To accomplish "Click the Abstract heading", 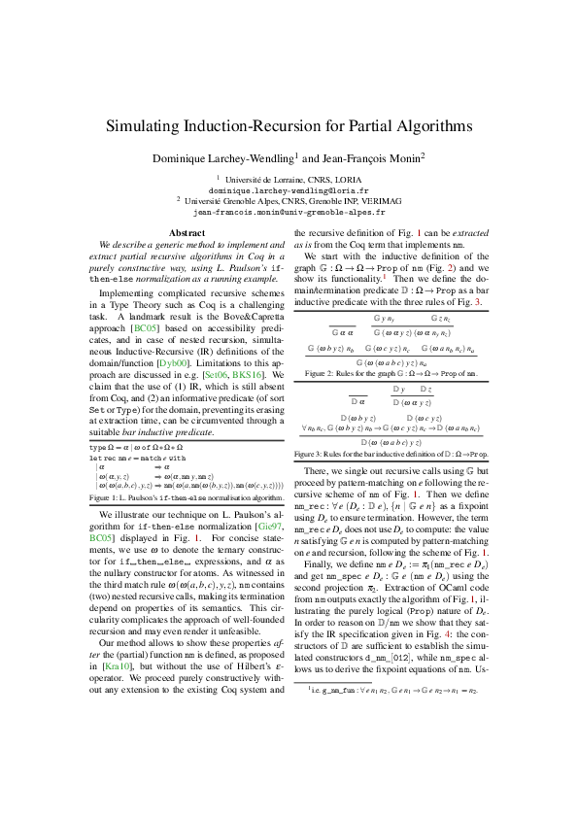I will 187,233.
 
